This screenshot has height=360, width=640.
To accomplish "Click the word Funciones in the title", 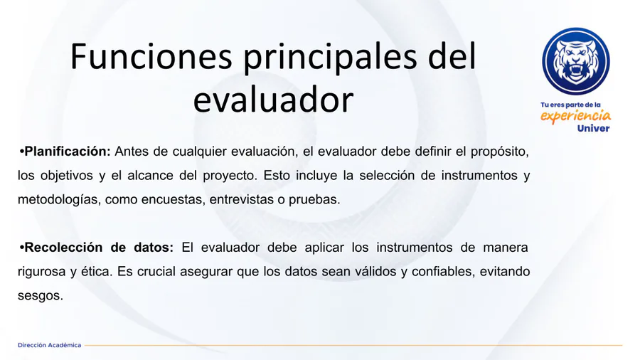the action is pyautogui.click(x=151, y=56).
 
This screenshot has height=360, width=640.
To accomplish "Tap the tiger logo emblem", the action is pyautogui.click(x=575, y=61).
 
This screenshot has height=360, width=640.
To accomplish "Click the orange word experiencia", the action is pyautogui.click(x=575, y=116).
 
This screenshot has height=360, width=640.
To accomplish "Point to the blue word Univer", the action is pyautogui.click(x=593, y=129).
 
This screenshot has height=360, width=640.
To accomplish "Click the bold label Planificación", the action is pyautogui.click(x=68, y=152).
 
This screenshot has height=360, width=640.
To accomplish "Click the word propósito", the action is pyautogui.click(x=500, y=152).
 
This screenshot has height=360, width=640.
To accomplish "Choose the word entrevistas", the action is pyautogui.click(x=241, y=200).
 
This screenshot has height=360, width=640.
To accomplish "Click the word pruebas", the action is pyautogui.click(x=314, y=200).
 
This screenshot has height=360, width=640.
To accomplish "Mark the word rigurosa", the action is pyautogui.click(x=42, y=272).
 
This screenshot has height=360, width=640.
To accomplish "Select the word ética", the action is pyautogui.click(x=96, y=272).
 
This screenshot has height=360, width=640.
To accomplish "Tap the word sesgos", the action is pyautogui.click(x=41, y=296).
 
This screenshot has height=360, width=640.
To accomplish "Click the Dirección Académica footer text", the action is pyautogui.click(x=49, y=345).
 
